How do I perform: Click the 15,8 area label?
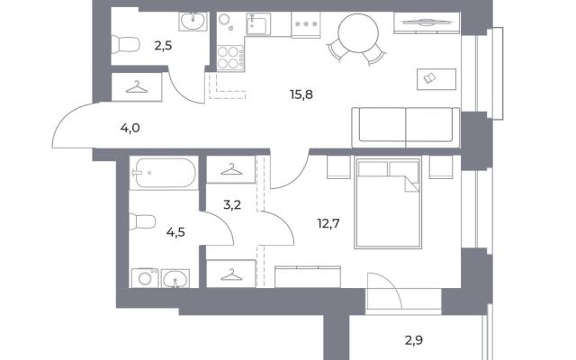(x=301, y=94)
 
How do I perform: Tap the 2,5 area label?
(x=163, y=46)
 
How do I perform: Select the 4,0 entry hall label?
(x=130, y=128)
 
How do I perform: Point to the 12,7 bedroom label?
(x=328, y=223)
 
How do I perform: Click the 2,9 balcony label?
(x=414, y=340)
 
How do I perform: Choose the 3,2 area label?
(x=232, y=204)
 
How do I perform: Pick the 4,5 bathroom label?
(x=175, y=232)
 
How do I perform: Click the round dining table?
(x=358, y=34)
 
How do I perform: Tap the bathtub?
(x=163, y=173)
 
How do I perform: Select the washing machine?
(x=145, y=278)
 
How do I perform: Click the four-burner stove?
(x=230, y=58)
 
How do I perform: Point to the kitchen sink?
(x=258, y=24)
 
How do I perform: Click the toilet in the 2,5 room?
(x=125, y=45)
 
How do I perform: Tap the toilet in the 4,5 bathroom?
(x=142, y=221)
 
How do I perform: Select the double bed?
(x=388, y=202)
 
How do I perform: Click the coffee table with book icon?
(x=436, y=79)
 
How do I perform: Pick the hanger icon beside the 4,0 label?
(x=137, y=87)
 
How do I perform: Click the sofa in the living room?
(x=406, y=128)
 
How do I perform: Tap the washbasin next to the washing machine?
(x=175, y=279)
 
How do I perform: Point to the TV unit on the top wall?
(x=427, y=22)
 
